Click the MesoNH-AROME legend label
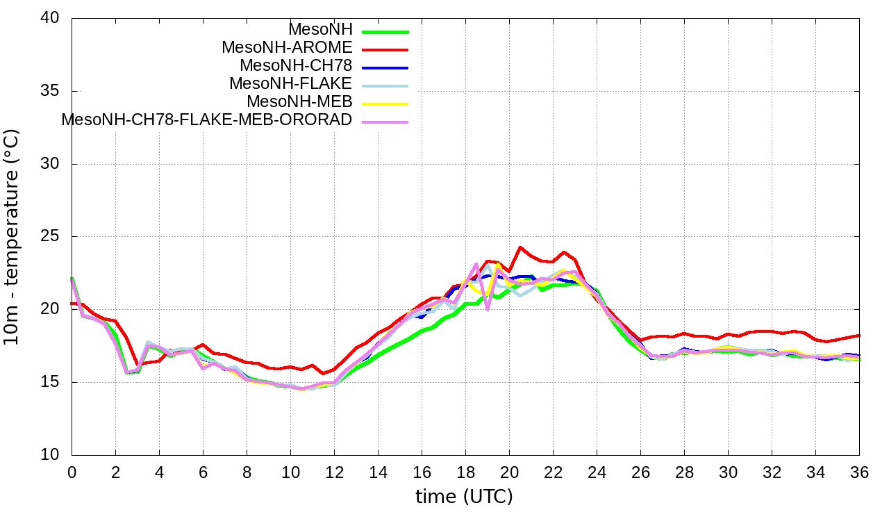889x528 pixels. click(x=287, y=47)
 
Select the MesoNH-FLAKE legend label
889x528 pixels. click(x=291, y=83)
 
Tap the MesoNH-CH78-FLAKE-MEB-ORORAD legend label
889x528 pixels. click(x=207, y=119)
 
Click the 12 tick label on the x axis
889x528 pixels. click(x=334, y=472)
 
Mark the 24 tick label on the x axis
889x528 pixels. click(x=597, y=472)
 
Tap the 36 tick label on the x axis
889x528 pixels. click(x=859, y=472)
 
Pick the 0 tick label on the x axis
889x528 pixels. click(x=72, y=472)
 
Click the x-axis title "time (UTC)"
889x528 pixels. click(x=464, y=497)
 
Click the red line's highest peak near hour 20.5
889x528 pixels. click(x=520, y=247)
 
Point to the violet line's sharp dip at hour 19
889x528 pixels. click(x=488, y=309)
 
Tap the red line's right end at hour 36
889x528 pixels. click(x=859, y=336)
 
